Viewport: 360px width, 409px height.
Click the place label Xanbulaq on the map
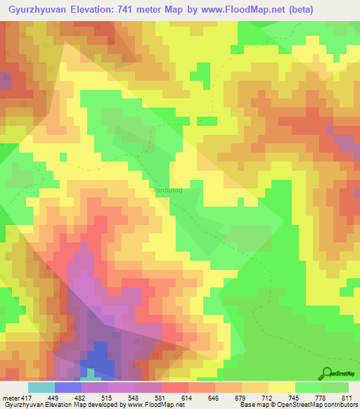pos(167,189)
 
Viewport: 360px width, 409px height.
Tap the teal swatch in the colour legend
pos(41,387)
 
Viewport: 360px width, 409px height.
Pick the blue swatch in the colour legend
pos(68,387)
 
